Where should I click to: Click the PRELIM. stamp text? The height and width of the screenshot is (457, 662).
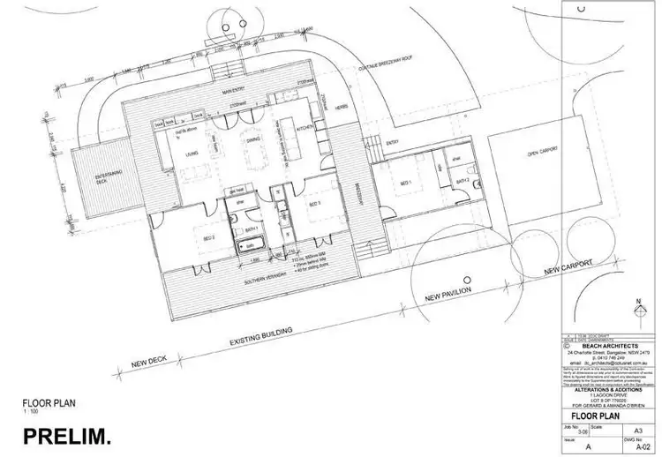pyautogui.click(x=66, y=435)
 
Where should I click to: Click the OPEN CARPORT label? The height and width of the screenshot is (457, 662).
pyautogui.click(x=545, y=154)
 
